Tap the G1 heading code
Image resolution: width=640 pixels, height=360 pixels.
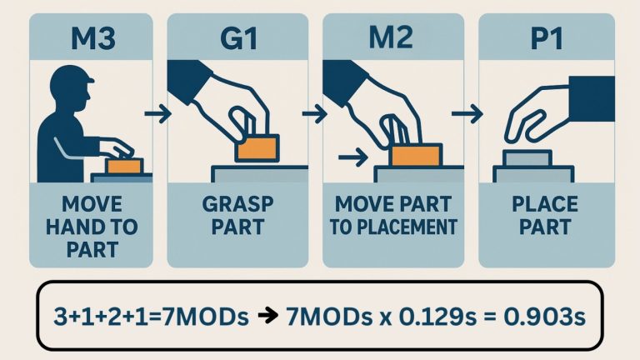tap(239, 39)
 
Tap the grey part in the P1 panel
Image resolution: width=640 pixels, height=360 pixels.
tap(526, 157)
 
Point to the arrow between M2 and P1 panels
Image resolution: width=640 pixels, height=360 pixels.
tap(471, 111)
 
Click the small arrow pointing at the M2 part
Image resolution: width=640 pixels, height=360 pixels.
tap(356, 155)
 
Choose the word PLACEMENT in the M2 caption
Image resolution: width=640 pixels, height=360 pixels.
tap(416, 227)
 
